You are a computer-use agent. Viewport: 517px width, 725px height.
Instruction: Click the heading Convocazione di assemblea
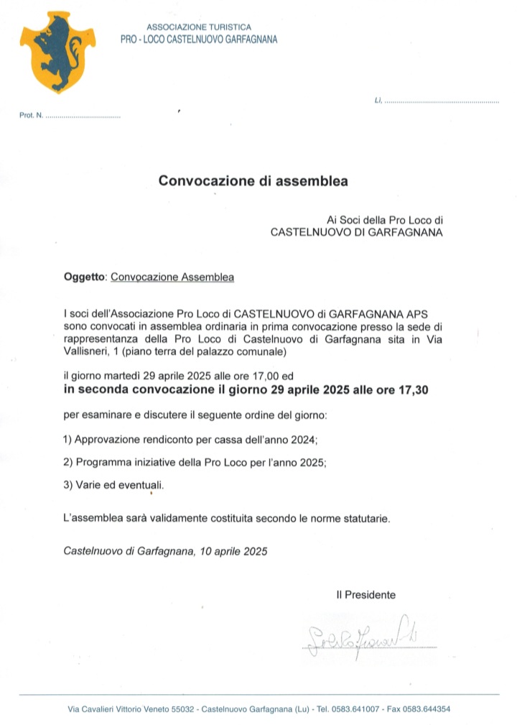253,181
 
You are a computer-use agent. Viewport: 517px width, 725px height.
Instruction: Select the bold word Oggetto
85,277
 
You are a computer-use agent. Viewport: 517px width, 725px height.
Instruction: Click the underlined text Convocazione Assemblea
172,277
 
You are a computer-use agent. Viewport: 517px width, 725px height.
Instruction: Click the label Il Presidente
365,595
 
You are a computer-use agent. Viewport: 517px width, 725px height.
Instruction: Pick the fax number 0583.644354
426,709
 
